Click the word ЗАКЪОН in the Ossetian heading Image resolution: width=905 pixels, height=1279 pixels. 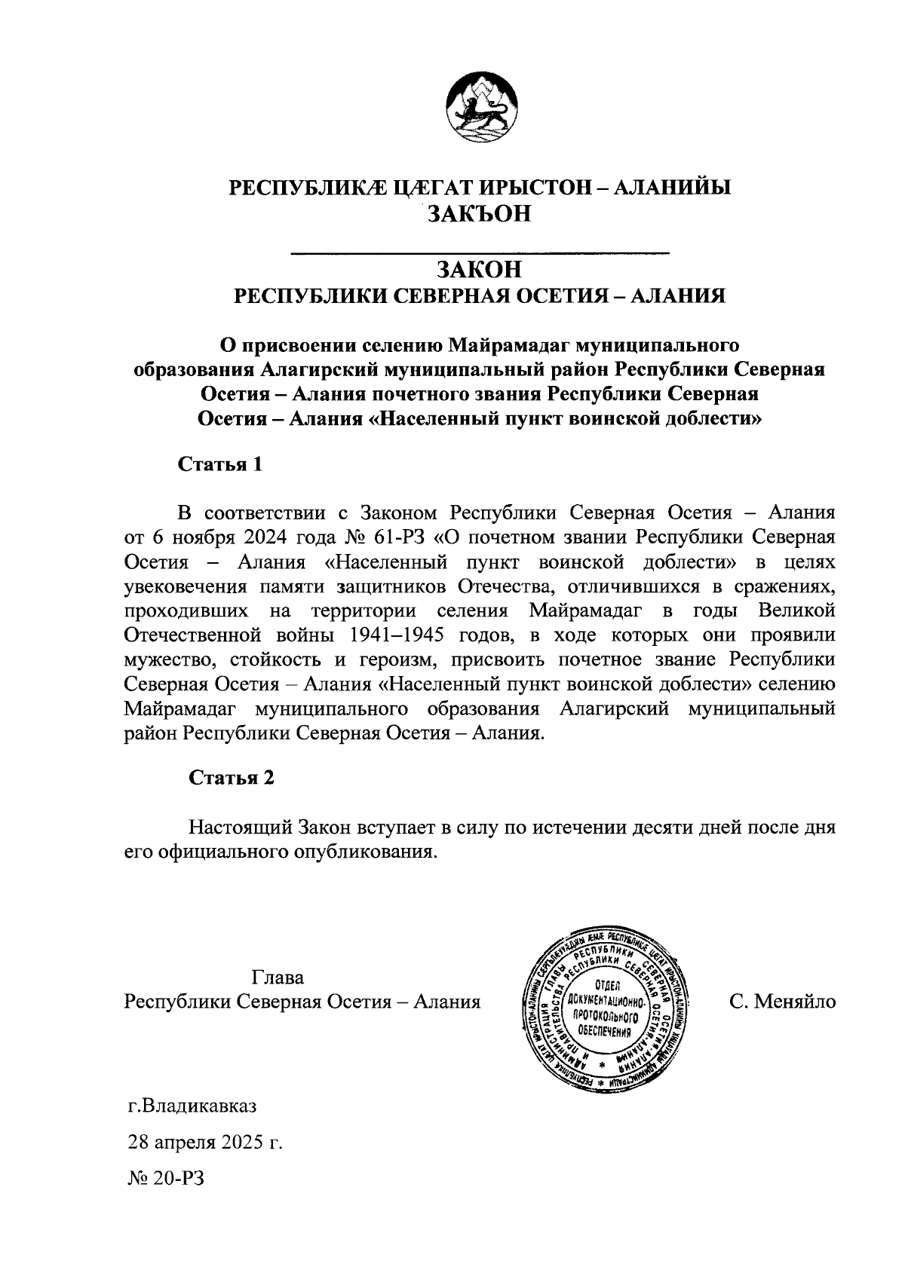[480, 214]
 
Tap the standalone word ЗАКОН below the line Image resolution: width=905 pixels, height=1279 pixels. [480, 269]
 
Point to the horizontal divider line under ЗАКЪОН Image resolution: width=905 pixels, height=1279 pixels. [480, 251]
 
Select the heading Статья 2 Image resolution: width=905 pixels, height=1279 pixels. [231, 778]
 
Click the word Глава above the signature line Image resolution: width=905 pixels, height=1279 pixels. [278, 978]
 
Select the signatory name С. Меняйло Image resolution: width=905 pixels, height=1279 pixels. [782, 1002]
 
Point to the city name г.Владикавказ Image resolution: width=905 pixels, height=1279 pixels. [192, 1107]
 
